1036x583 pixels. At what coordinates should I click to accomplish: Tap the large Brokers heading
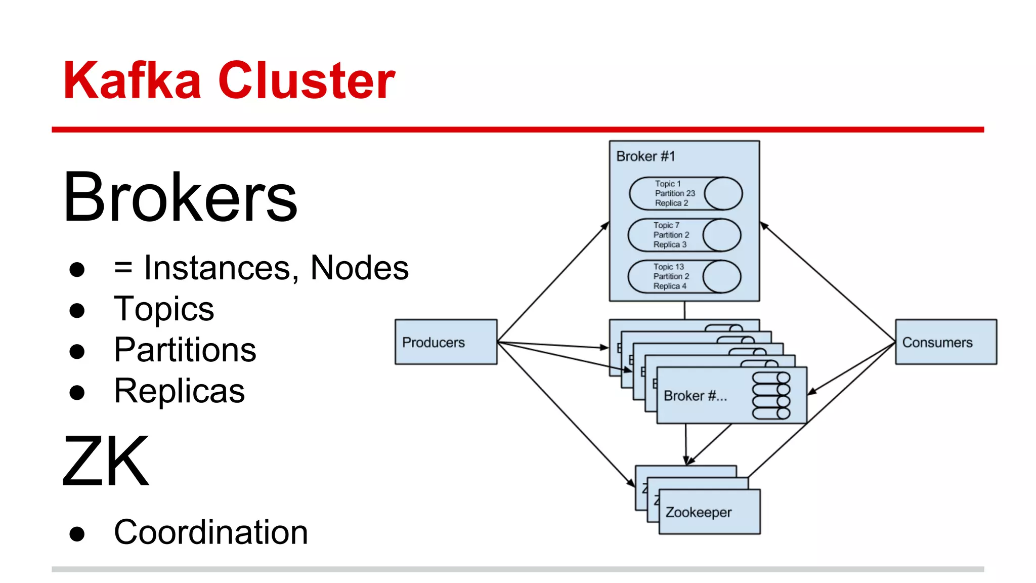point(180,197)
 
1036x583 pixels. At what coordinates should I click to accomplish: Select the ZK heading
point(106,461)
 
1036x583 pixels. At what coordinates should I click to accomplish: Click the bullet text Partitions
point(185,350)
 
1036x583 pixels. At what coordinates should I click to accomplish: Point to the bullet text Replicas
point(179,391)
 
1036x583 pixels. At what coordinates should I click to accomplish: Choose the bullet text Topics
point(163,309)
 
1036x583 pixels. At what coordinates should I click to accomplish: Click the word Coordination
point(210,532)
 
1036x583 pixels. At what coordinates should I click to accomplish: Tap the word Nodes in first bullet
point(359,268)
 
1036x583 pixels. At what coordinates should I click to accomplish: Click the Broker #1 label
point(645,156)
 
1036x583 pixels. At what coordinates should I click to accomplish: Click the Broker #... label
point(695,396)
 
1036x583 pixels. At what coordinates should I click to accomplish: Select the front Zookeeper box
point(709,512)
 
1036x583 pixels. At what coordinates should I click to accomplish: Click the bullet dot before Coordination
point(77,533)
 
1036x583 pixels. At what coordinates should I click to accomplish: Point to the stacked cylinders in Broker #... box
point(771,396)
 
